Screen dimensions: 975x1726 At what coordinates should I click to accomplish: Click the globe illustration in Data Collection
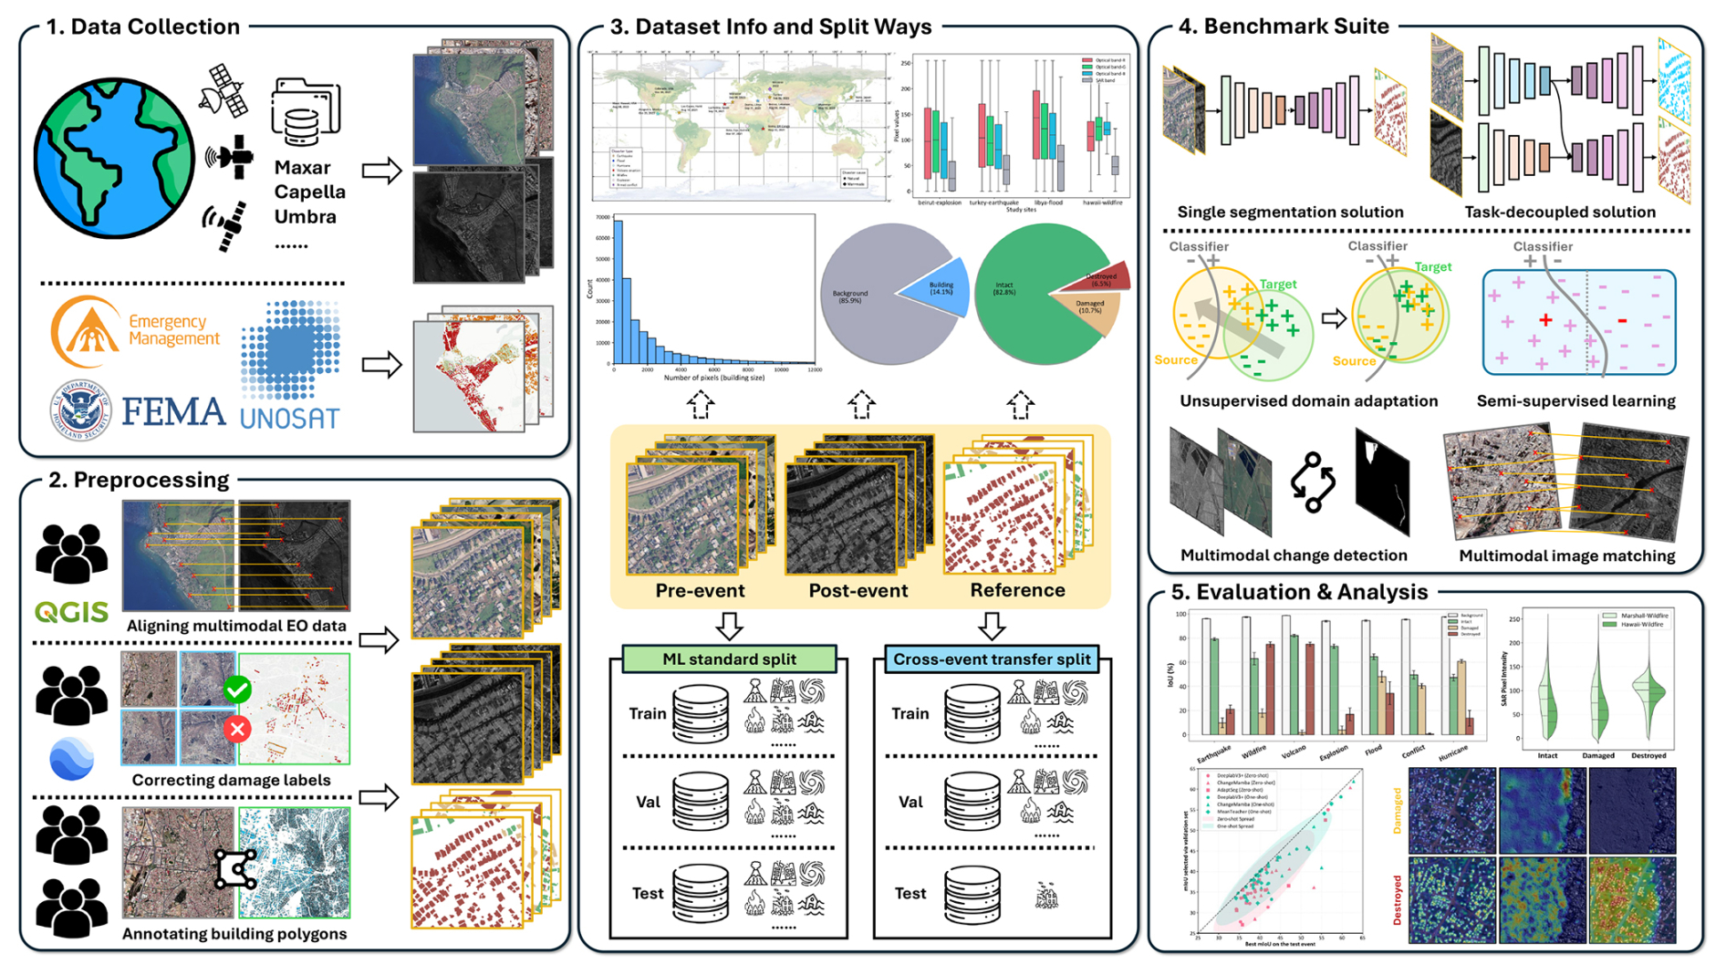click(x=113, y=157)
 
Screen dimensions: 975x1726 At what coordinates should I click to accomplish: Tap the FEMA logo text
click(x=173, y=412)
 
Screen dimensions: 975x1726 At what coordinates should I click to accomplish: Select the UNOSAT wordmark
click(x=289, y=419)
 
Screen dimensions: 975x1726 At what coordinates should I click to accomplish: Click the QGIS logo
click(x=71, y=612)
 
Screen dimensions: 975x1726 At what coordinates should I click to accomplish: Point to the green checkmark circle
click(x=237, y=690)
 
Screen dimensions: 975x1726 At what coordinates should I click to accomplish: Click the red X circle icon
click(x=237, y=729)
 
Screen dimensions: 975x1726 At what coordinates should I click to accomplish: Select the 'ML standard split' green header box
click(x=729, y=659)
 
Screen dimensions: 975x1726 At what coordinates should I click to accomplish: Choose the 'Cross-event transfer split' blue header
click(x=992, y=659)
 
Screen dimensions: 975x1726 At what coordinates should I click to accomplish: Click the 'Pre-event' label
click(x=700, y=590)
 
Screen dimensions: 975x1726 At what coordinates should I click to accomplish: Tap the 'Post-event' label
click(x=858, y=590)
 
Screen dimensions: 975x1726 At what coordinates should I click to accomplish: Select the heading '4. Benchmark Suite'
click(x=1284, y=26)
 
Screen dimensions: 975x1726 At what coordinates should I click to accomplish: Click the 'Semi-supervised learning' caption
click(x=1575, y=400)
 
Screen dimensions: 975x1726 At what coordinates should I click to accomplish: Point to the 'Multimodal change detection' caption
click(x=1294, y=555)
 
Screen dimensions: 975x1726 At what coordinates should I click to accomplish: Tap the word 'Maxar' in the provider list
click(x=302, y=168)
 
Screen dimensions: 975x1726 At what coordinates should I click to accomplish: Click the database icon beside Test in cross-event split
click(x=972, y=894)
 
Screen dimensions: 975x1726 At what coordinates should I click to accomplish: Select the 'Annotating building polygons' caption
click(x=234, y=933)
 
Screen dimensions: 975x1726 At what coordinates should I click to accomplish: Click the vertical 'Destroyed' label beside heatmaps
click(x=1397, y=900)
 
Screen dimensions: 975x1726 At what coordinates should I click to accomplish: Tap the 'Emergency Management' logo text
click(x=173, y=329)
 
